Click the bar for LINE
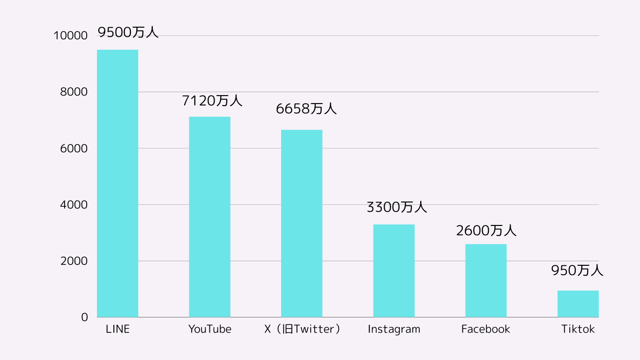[118, 183]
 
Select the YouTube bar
[209, 217]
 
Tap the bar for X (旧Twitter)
[302, 223]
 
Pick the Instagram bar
[394, 270]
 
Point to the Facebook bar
[486, 280]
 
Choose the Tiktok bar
[578, 304]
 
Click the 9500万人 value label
[128, 32]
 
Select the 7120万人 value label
[212, 100]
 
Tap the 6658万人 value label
[306, 109]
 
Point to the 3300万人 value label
[396, 207]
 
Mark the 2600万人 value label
[486, 231]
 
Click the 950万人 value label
[577, 271]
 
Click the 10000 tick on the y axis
[71, 36]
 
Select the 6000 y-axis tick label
[74, 149]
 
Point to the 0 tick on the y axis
[84, 317]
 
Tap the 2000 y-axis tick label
[74, 261]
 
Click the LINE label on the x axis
[118, 329]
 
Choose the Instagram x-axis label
[394, 329]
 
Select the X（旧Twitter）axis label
[302, 329]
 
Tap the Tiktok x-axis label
[578, 329]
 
